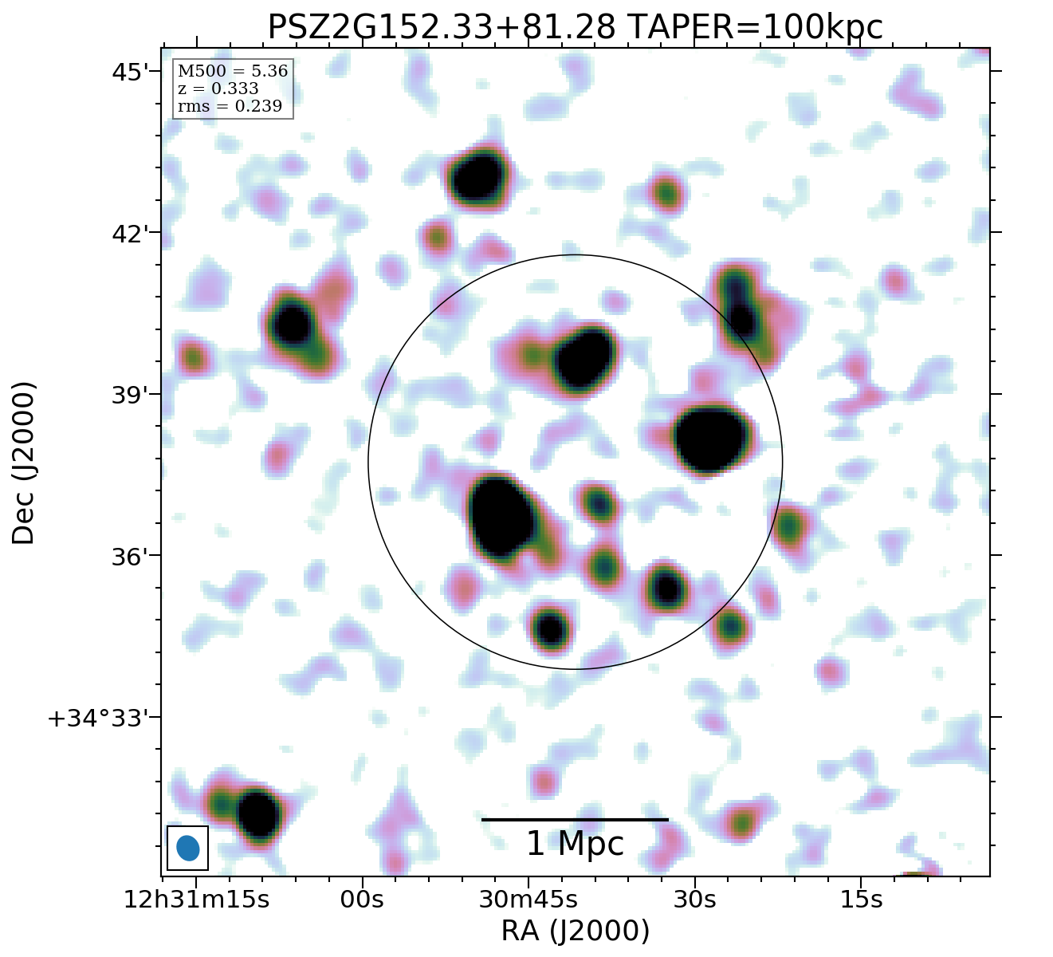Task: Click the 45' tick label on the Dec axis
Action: (x=131, y=73)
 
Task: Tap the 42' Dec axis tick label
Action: (x=131, y=234)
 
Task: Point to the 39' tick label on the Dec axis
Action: (x=131, y=396)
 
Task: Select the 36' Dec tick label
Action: (x=131, y=557)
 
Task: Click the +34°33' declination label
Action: (x=99, y=719)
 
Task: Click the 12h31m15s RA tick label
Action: (x=196, y=900)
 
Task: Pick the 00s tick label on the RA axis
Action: (x=363, y=900)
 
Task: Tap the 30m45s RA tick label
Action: (x=528, y=900)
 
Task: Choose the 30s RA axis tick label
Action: (x=695, y=900)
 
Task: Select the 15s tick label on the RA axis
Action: (x=862, y=900)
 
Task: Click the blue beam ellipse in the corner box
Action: (x=188, y=848)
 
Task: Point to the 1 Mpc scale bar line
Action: (x=575, y=819)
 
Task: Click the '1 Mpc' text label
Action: (x=575, y=844)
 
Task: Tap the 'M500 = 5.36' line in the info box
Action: (x=233, y=72)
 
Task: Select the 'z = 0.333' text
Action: (x=218, y=89)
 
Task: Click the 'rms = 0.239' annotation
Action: (x=230, y=106)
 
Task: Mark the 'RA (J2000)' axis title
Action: (x=575, y=931)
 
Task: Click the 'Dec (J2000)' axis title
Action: (x=24, y=463)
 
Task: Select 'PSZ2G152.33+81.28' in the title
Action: (x=441, y=28)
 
